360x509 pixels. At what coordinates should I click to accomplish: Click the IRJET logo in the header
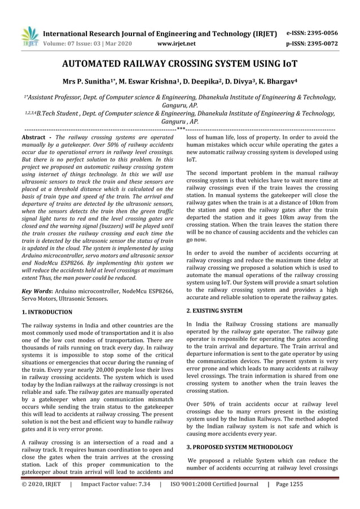click(x=29, y=35)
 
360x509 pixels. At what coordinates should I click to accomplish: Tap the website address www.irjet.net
click(x=178, y=43)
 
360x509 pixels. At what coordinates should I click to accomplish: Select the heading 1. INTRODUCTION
click(x=46, y=311)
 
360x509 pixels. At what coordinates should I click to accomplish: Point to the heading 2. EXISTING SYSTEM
click(x=214, y=310)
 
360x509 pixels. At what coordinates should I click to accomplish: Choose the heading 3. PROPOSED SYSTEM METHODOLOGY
click(x=242, y=447)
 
